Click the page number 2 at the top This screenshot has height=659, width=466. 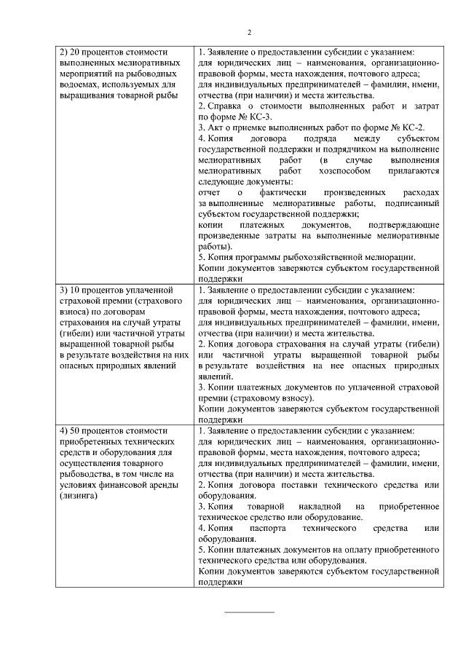248,32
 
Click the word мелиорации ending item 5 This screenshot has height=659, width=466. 392,257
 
